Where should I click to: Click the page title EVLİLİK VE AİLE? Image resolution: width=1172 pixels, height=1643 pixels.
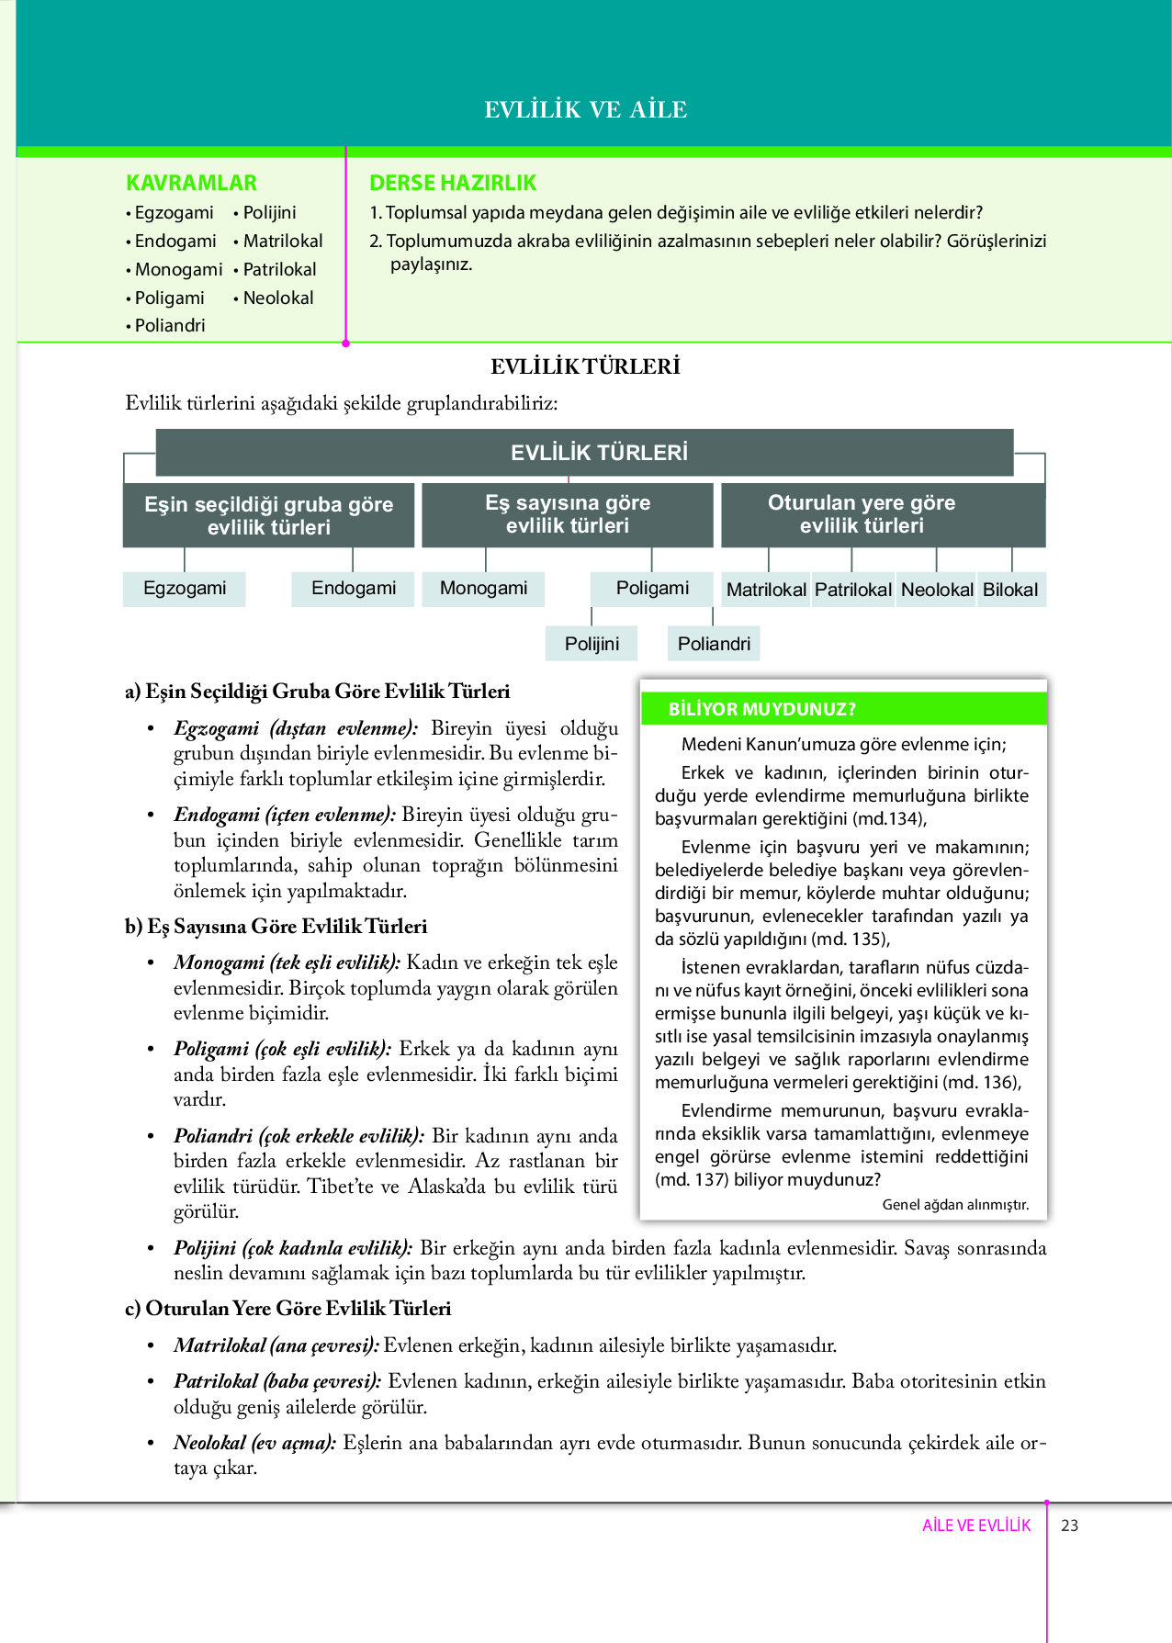click(x=586, y=109)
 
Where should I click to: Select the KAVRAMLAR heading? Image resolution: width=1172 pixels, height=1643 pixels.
click(x=191, y=183)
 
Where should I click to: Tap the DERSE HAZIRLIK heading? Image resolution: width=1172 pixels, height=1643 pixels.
click(x=453, y=183)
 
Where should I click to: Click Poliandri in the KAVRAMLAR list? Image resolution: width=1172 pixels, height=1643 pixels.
click(x=170, y=325)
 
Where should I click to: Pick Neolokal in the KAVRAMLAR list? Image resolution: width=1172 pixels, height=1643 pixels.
click(x=277, y=298)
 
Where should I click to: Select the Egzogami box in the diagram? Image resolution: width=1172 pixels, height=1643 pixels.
click(x=185, y=588)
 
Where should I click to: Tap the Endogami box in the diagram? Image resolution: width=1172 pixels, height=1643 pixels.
click(x=354, y=588)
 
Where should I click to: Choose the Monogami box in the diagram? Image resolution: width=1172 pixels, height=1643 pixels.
click(x=483, y=588)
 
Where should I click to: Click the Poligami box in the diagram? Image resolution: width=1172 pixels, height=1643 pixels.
click(x=652, y=588)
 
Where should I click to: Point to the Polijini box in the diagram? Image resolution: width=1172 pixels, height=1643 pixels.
click(x=592, y=644)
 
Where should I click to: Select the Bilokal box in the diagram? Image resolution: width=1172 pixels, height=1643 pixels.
click(x=1010, y=590)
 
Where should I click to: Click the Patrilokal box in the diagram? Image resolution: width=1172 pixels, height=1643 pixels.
click(x=853, y=590)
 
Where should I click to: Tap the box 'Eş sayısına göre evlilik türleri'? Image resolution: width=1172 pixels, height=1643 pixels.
click(x=568, y=514)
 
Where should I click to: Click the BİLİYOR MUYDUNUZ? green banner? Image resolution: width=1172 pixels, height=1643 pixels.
click(x=843, y=709)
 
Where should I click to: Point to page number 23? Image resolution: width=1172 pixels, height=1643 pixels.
click(x=1069, y=1525)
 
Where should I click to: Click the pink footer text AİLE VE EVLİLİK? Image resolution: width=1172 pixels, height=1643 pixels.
click(x=976, y=1525)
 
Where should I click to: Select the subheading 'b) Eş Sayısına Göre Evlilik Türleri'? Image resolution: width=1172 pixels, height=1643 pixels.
click(x=276, y=926)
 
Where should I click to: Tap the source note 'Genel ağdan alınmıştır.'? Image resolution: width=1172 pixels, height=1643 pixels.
click(x=955, y=1204)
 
